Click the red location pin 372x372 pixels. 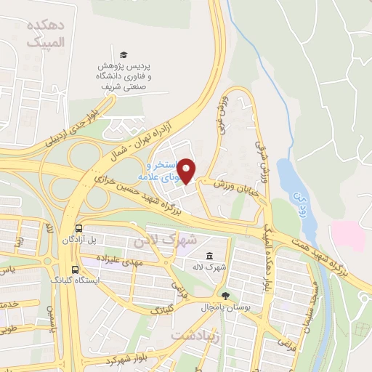pos(187,171)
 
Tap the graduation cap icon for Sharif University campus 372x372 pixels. pos(124,56)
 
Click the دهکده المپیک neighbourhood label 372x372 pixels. pos(46,33)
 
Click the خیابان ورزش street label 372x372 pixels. pos(221,186)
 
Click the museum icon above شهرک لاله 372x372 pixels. pos(210,256)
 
